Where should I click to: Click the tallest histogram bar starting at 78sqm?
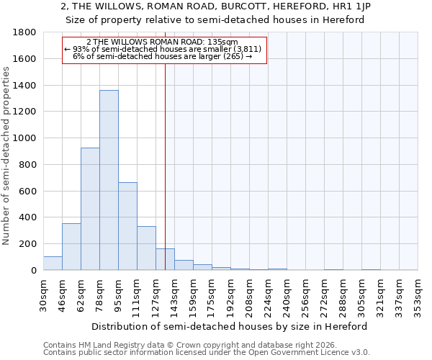(x=109, y=180)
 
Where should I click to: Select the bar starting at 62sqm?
(x=90, y=209)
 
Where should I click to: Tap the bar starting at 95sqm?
(x=127, y=226)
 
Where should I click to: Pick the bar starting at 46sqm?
(x=71, y=246)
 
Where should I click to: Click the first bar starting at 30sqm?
(x=53, y=263)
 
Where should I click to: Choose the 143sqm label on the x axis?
(x=174, y=295)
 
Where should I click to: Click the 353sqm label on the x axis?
(x=418, y=295)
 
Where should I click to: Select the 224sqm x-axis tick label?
(x=268, y=295)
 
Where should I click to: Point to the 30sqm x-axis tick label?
(x=43, y=295)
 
